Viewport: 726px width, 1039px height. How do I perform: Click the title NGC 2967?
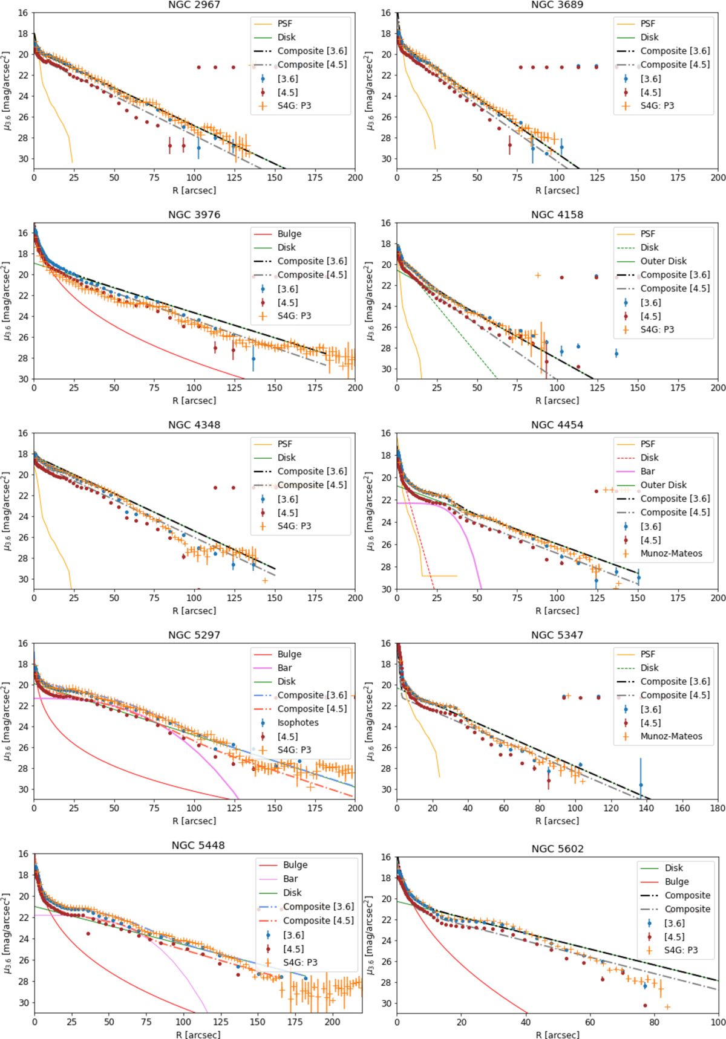tap(194, 5)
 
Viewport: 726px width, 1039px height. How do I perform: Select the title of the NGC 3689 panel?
tap(557, 5)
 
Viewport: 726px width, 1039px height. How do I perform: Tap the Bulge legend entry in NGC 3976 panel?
tap(289, 234)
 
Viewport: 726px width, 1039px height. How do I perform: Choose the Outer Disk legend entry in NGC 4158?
tap(663, 261)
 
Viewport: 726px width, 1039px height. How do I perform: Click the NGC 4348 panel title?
tap(194, 425)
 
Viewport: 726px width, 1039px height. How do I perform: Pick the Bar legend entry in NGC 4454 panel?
tap(647, 471)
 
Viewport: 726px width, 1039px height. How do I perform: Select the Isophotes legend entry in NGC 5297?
tap(298, 722)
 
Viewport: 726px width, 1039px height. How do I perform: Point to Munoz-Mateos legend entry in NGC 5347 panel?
tap(671, 736)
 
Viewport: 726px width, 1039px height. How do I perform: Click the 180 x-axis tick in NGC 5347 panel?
tap(718, 808)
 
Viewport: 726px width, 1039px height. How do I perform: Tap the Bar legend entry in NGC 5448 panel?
tap(290, 879)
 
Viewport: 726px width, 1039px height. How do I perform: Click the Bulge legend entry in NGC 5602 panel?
tap(676, 882)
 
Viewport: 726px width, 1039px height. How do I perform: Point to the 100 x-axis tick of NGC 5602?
tap(718, 1022)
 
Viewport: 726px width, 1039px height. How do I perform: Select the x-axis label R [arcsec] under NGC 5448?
tap(198, 1034)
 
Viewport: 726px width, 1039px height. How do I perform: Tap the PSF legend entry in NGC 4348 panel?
tap(284, 444)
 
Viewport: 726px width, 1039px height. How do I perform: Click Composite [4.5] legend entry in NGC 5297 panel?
tap(312, 709)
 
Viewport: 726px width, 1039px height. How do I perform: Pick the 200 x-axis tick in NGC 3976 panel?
tap(355, 388)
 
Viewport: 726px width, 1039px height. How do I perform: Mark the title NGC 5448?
tap(198, 846)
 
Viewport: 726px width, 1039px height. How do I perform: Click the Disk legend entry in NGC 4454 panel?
tap(649, 458)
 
